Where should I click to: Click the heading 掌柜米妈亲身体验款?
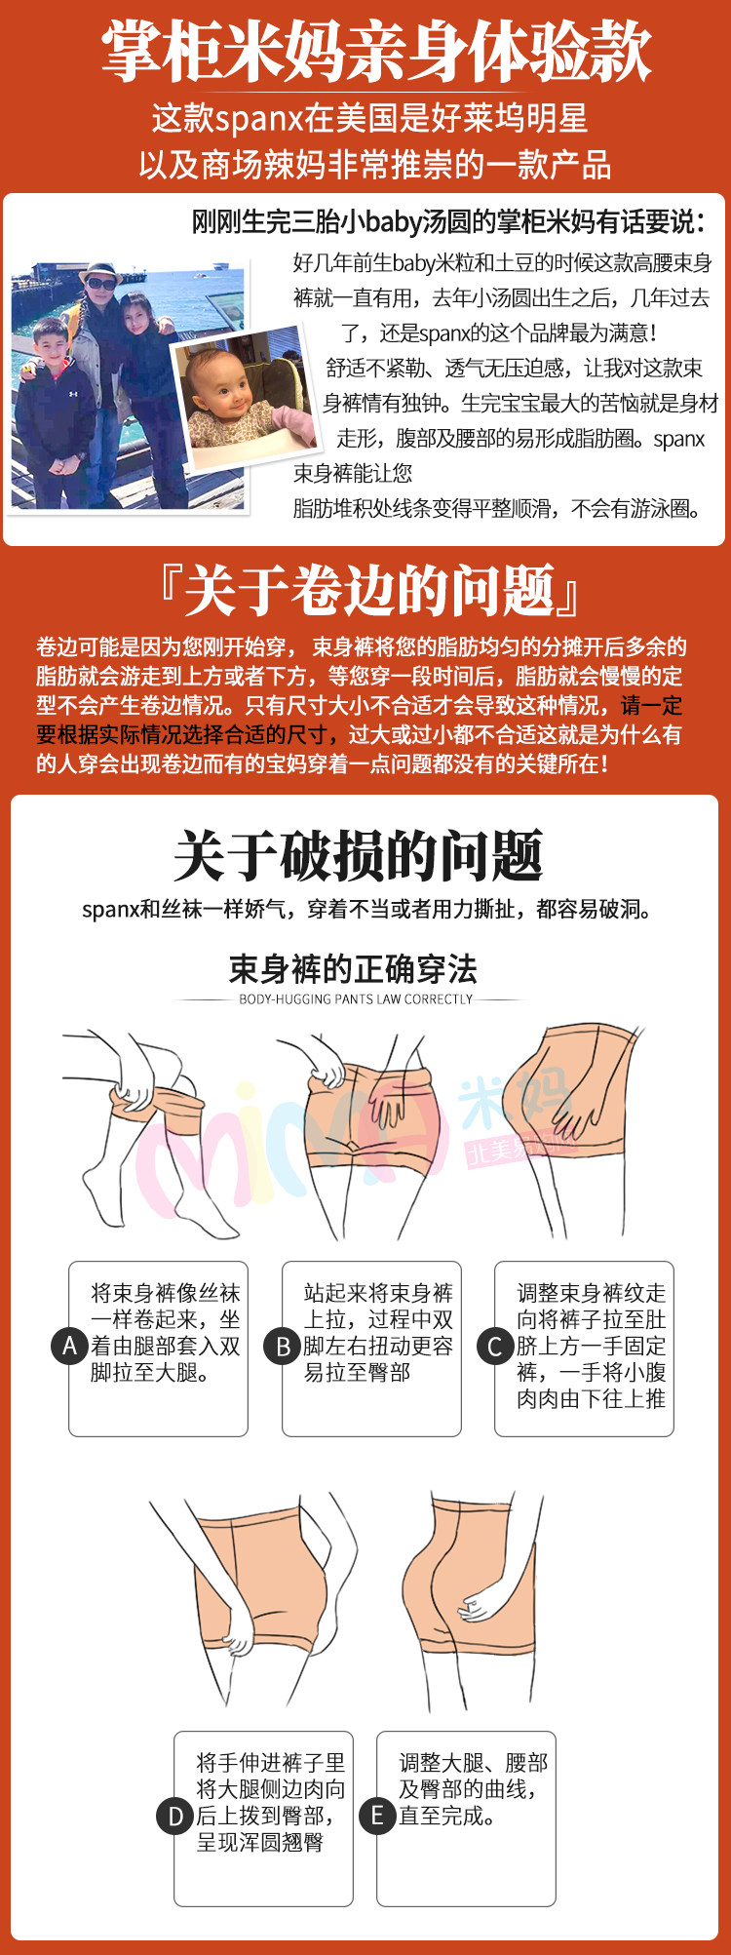point(376,52)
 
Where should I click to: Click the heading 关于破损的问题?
point(358,857)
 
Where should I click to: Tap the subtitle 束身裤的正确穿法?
point(353,969)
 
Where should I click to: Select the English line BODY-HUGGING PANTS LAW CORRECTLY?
point(356,999)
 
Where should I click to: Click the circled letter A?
point(69,1347)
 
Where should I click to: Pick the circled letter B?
point(283,1347)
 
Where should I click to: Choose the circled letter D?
point(175,1816)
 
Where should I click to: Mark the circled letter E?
point(377,1816)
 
